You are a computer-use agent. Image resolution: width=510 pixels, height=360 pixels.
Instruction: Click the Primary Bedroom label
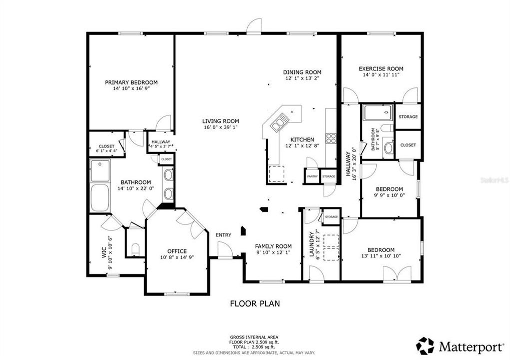click(131, 82)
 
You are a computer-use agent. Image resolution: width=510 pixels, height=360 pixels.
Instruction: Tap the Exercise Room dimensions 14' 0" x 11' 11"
click(381, 75)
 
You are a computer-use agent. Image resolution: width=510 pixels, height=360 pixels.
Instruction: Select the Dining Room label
click(302, 72)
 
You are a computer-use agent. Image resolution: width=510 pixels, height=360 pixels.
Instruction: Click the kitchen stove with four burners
click(331, 138)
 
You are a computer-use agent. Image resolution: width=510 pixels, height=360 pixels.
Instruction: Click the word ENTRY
click(223, 235)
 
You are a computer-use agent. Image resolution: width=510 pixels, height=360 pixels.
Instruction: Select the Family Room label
click(273, 246)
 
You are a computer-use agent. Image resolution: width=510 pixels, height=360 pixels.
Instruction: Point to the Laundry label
click(311, 243)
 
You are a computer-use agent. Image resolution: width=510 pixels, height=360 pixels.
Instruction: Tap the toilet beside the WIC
click(134, 248)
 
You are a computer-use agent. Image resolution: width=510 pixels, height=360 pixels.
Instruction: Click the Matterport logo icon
click(425, 346)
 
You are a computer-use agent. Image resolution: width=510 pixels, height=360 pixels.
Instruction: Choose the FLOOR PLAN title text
click(255, 303)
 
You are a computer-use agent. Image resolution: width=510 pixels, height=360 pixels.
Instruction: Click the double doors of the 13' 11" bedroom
click(397, 273)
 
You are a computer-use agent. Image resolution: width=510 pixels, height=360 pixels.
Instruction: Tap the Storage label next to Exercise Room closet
click(408, 116)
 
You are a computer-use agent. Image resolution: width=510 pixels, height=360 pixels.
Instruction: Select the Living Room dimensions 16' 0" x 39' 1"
click(220, 128)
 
